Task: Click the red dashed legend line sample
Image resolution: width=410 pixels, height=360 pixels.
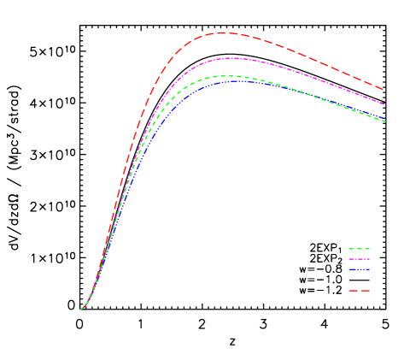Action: (x=359, y=291)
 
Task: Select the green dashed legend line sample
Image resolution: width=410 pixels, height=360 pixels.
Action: (x=359, y=249)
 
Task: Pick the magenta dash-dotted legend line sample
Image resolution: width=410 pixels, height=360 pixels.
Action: (x=359, y=258)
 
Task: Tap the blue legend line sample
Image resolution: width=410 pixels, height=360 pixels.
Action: (x=359, y=269)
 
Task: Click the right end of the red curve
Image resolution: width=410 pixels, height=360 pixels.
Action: (x=384, y=90)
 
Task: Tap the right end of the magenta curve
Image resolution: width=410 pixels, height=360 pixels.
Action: (x=384, y=104)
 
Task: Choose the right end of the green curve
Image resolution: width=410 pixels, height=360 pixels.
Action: (x=386, y=121)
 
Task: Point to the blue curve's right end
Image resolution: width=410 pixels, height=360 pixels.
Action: (x=385, y=119)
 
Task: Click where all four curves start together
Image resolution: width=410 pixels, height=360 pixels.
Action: (x=81, y=309)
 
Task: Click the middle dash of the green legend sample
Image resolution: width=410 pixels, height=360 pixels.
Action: (x=359, y=249)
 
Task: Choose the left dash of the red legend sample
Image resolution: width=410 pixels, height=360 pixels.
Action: (x=351, y=291)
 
